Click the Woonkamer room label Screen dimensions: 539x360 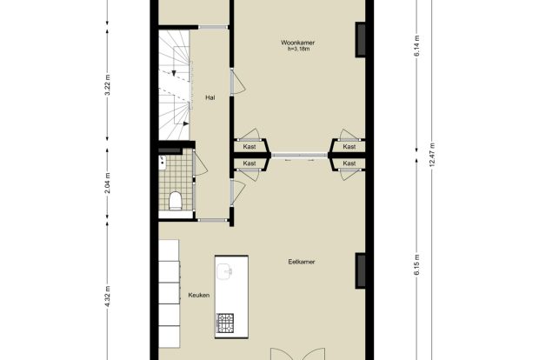click(x=297, y=43)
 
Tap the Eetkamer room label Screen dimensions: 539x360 click(x=302, y=262)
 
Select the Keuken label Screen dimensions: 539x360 click(x=199, y=295)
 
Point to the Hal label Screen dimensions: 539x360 click(x=210, y=97)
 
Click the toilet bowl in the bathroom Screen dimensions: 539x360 click(x=176, y=201)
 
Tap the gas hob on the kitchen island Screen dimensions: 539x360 click(x=225, y=323)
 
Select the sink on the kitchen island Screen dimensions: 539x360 click(x=225, y=272)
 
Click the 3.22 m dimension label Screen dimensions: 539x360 click(x=108, y=84)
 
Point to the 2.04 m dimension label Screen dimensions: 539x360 click(x=108, y=183)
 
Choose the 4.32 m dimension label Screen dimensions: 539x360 click(x=108, y=296)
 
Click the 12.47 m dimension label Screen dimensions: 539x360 click(x=432, y=155)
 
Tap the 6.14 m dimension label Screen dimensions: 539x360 click(x=417, y=46)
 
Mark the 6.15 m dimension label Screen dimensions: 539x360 click(x=417, y=264)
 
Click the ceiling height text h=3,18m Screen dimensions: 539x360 click(x=299, y=49)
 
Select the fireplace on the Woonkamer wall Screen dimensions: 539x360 click(x=360, y=39)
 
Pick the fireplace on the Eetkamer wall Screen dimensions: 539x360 click(x=360, y=271)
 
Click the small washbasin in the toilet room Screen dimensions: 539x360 click(x=163, y=163)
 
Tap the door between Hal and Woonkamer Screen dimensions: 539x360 click(x=237, y=81)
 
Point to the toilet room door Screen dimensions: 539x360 click(x=200, y=163)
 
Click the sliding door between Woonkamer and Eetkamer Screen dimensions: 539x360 click(x=300, y=156)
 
